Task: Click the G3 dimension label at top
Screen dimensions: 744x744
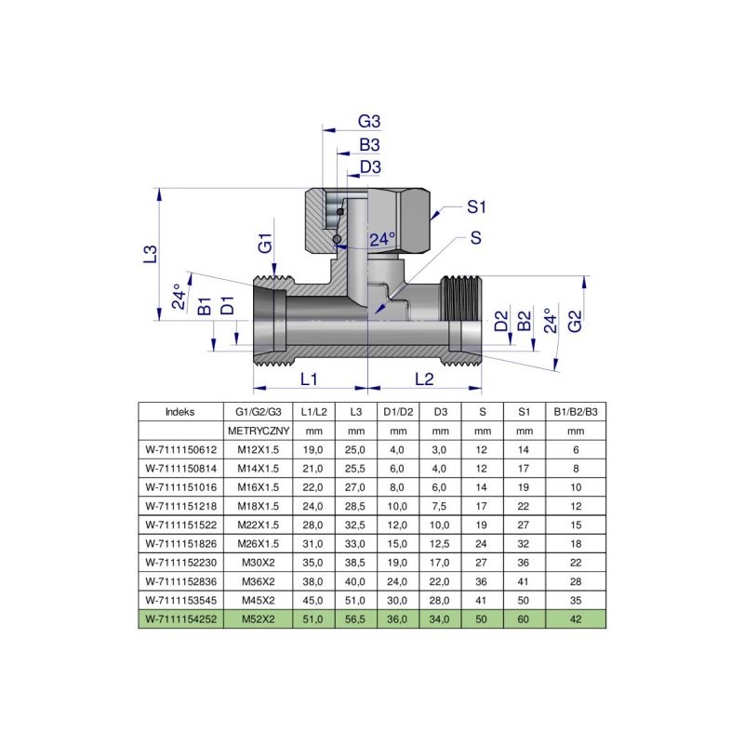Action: click(370, 122)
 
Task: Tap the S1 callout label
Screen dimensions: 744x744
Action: click(477, 206)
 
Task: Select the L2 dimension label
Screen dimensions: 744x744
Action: click(423, 379)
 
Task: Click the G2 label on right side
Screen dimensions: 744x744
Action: click(576, 322)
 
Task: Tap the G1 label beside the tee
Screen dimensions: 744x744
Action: click(265, 246)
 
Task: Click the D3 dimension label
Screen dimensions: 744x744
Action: click(370, 166)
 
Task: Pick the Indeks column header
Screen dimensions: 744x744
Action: click(180, 411)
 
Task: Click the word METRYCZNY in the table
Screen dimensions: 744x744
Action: click(259, 432)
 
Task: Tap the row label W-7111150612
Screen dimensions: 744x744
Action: click(180, 450)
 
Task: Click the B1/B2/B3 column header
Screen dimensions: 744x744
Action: click(576, 411)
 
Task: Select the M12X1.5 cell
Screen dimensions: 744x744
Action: click(259, 450)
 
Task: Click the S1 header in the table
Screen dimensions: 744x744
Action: click(524, 411)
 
